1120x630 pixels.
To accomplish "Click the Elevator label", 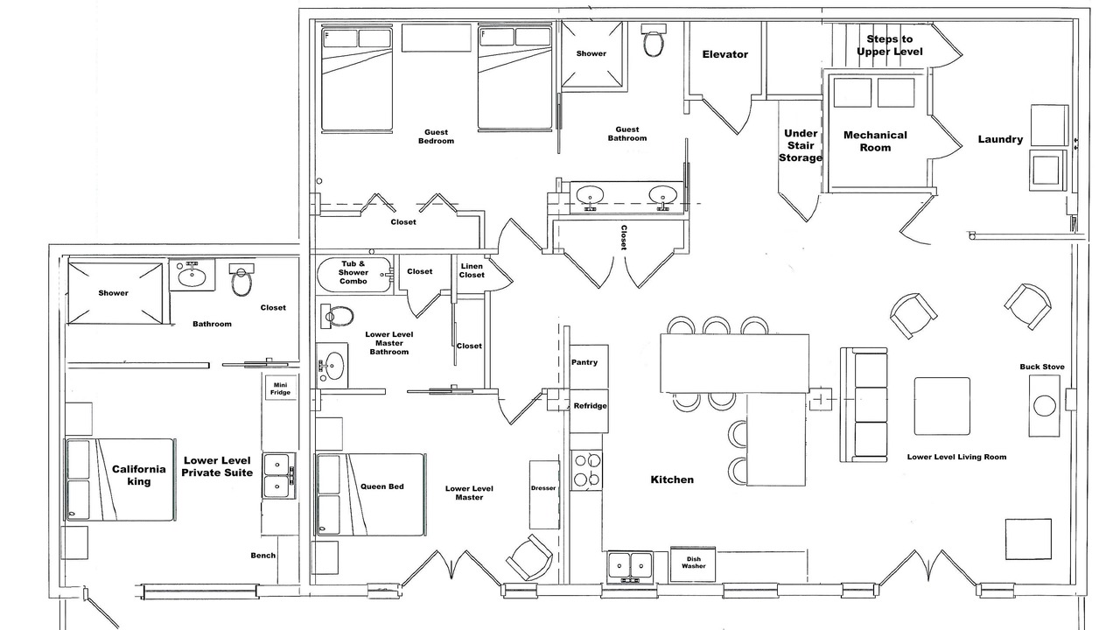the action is pyautogui.click(x=725, y=54).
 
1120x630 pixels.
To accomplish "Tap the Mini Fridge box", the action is pyautogui.click(x=281, y=388).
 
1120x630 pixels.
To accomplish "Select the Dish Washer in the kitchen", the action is pyautogui.click(x=693, y=564).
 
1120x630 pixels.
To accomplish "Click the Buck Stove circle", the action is pyautogui.click(x=1045, y=405).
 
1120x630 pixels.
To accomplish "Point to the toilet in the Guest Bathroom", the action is pyautogui.click(x=654, y=40).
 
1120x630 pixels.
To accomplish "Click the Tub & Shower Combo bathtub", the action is pyautogui.click(x=353, y=275).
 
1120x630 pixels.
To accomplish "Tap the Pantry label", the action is pyautogui.click(x=584, y=362).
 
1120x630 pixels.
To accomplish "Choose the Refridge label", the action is pyautogui.click(x=590, y=405).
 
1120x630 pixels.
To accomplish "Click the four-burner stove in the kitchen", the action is pyautogui.click(x=586, y=470).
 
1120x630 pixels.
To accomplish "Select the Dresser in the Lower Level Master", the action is pyautogui.click(x=543, y=494).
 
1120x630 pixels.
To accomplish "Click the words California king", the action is pyautogui.click(x=138, y=475).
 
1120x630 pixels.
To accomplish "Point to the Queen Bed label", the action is pyautogui.click(x=382, y=486).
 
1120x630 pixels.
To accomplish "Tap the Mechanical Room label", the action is pyautogui.click(x=875, y=141).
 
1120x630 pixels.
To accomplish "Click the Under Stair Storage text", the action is pyautogui.click(x=801, y=145).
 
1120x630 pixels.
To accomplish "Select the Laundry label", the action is pyautogui.click(x=1000, y=139).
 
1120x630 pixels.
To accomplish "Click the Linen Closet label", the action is pyautogui.click(x=472, y=270).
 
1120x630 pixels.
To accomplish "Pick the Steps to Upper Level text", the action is pyautogui.click(x=890, y=45).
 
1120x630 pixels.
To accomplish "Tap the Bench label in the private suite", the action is pyautogui.click(x=263, y=555).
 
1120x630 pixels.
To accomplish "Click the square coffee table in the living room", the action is pyautogui.click(x=942, y=406).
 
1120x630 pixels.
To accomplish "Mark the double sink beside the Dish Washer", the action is pyautogui.click(x=630, y=568).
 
